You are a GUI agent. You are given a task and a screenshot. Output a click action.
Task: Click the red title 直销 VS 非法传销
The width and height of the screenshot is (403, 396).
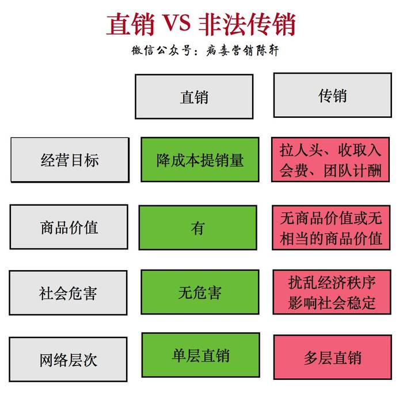point(201,24)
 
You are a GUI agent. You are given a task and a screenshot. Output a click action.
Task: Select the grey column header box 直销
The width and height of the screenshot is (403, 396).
point(194,97)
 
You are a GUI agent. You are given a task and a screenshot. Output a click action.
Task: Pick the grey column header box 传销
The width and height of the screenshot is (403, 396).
point(333,95)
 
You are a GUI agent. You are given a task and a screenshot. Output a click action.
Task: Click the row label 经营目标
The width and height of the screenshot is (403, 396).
point(70,160)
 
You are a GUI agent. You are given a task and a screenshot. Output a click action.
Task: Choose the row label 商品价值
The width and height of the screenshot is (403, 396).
point(69,227)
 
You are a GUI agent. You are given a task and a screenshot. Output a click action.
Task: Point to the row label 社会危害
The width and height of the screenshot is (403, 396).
point(68,293)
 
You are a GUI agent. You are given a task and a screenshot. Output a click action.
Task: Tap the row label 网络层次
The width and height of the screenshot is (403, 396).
point(68,359)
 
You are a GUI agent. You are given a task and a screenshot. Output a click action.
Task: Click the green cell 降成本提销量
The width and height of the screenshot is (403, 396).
point(200,160)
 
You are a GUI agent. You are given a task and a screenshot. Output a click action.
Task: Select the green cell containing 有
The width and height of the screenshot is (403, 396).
point(198,228)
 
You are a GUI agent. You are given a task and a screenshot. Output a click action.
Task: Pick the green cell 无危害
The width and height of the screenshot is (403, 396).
point(200,292)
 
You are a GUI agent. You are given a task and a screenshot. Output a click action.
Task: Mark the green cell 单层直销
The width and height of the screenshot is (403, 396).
point(201,355)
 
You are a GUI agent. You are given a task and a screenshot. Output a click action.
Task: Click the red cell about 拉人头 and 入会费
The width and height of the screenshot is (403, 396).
point(330,160)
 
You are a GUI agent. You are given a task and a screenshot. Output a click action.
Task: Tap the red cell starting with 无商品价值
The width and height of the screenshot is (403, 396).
point(331,228)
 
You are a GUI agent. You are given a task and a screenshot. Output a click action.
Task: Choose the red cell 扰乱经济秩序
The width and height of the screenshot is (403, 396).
point(332,292)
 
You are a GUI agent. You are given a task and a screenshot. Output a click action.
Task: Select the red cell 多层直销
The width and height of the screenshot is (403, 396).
point(333,357)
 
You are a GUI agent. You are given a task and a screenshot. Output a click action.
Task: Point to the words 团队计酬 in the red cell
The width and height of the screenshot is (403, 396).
point(352,170)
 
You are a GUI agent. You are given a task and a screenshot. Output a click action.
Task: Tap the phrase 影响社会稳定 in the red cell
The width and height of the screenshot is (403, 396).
point(332,303)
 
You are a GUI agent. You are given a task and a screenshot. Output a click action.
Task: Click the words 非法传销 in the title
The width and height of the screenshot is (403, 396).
point(247,24)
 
